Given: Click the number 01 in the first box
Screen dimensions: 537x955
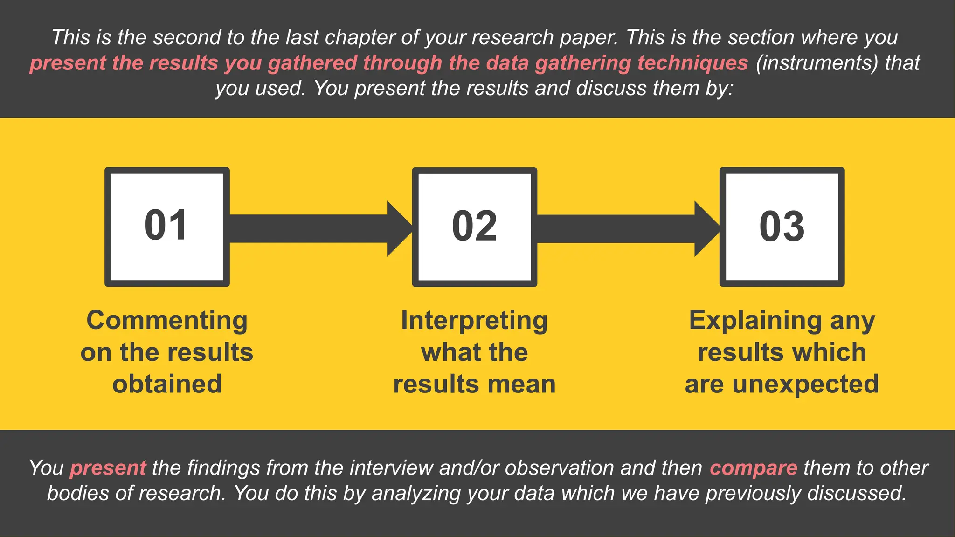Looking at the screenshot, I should point(166,226).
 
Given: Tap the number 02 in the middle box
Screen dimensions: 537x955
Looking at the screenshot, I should point(474,227).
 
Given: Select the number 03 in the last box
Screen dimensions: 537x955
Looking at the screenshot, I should point(782,227).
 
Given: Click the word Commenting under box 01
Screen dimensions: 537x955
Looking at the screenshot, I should point(167,321).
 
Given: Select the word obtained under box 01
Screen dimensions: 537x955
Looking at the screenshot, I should point(167,384).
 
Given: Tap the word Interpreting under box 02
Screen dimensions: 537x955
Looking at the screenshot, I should point(474,321).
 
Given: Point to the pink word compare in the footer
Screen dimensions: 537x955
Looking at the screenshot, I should point(753,468).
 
